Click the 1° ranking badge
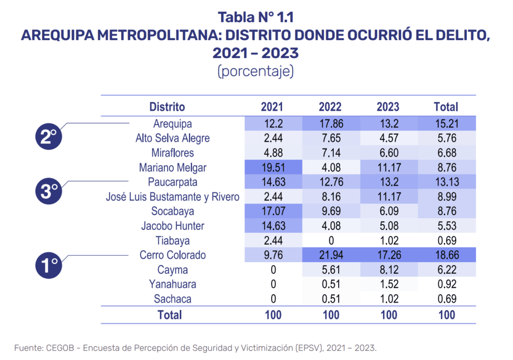click(49, 264)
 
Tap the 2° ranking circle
click(49, 136)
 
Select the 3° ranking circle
click(49, 191)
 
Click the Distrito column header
click(167, 107)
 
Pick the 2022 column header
click(330, 107)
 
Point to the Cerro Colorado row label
click(173, 255)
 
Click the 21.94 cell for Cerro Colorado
click(330, 255)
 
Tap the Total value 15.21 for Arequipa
click(446, 123)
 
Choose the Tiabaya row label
click(173, 241)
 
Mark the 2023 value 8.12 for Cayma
click(388, 270)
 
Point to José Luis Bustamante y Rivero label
click(173, 197)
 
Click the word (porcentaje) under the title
click(255, 71)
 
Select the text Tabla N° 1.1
click(255, 18)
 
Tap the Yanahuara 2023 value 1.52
click(388, 284)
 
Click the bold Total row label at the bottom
click(170, 315)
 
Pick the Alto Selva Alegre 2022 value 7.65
click(330, 138)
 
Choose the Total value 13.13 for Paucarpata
click(446, 182)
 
